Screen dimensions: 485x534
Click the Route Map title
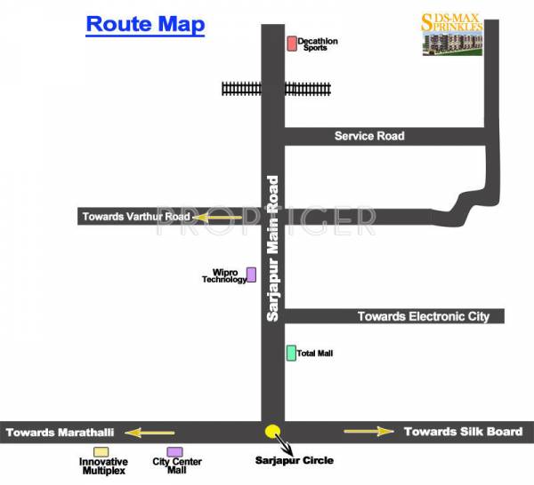click(x=145, y=24)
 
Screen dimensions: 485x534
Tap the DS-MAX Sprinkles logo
click(x=452, y=34)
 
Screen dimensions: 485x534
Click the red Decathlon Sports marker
click(x=291, y=43)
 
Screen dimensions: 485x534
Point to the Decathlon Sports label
click(x=318, y=44)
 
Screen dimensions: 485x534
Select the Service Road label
click(x=369, y=136)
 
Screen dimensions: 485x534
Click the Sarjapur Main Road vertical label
click(x=273, y=235)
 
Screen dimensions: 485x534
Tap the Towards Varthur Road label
click(x=136, y=216)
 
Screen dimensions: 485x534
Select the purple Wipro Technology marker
click(x=251, y=274)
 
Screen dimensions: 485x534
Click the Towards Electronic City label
click(x=424, y=316)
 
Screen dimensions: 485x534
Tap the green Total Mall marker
click(x=291, y=353)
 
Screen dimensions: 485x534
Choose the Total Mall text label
click(x=316, y=354)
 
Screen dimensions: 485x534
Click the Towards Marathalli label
click(x=61, y=433)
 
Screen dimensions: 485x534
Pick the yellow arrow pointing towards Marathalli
click(x=150, y=433)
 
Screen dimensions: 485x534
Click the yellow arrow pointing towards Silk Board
click(x=368, y=432)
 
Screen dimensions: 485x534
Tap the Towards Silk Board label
click(x=463, y=432)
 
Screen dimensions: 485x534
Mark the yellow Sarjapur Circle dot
click(x=272, y=432)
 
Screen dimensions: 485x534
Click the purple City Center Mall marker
click(x=175, y=452)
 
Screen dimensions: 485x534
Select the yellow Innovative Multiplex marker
click(x=102, y=452)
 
